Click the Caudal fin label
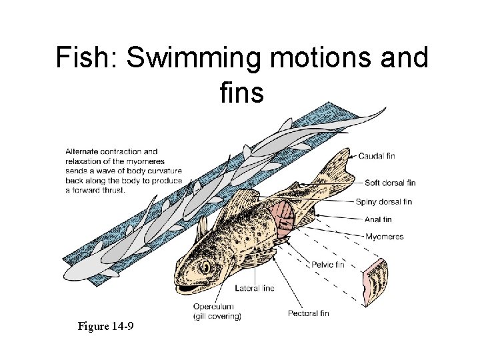coord(377,155)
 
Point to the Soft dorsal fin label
coord(390,182)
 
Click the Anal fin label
coord(378,219)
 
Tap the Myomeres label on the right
coord(384,236)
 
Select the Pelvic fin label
coord(328,264)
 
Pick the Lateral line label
coord(255,288)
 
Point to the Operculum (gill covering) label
coord(217,311)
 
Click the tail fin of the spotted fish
coord(337,167)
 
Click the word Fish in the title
coord(84,59)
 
